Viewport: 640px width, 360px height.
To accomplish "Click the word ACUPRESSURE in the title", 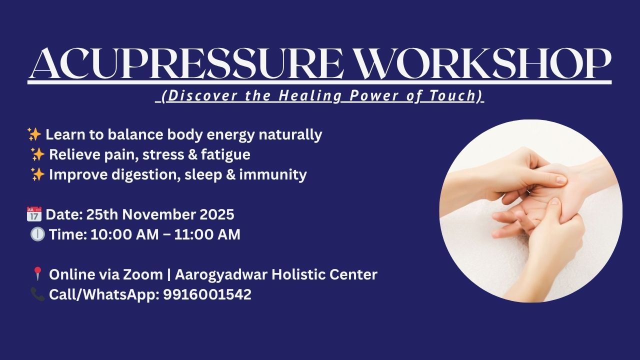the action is pyautogui.click(x=186, y=63).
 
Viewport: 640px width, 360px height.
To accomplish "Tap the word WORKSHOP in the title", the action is pyautogui.click(x=484, y=63).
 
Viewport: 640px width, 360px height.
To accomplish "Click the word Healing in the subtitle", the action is pyautogui.click(x=310, y=96).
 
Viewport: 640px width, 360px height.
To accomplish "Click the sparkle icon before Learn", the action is pyautogui.click(x=34, y=134).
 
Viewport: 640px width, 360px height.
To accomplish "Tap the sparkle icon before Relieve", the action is pyautogui.click(x=37, y=154).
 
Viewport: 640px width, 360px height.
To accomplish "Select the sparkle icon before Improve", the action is pyautogui.click(x=37, y=174).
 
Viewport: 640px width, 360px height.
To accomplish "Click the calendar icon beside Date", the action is pyautogui.click(x=34, y=214).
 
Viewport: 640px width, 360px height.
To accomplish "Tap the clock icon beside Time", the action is pyautogui.click(x=37, y=234).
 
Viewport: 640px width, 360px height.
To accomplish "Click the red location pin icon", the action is pyautogui.click(x=37, y=273).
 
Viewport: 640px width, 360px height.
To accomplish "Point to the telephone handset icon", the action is pyautogui.click(x=37, y=294).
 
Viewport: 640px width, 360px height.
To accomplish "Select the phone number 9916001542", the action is pyautogui.click(x=207, y=294).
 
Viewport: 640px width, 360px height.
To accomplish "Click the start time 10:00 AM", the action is pyautogui.click(x=124, y=234).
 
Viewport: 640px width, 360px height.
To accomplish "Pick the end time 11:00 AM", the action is pyautogui.click(x=207, y=234).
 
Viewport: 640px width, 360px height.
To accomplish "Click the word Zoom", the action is pyautogui.click(x=143, y=274).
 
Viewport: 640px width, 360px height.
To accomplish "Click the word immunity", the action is pyautogui.click(x=273, y=175).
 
